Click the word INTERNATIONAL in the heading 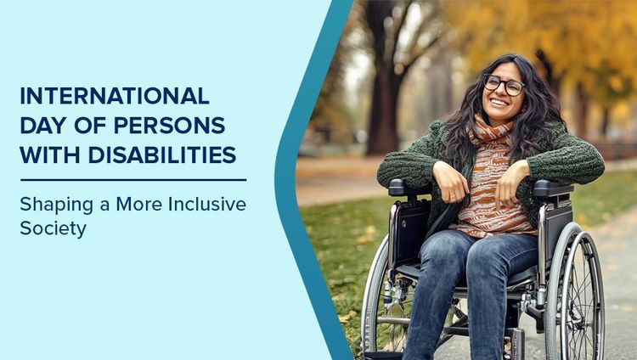(x=114, y=95)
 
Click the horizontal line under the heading (x=133, y=180)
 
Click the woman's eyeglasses (x=503, y=84)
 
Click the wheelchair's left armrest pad (x=409, y=188)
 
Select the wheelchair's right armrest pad (x=553, y=188)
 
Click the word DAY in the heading (x=40, y=125)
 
